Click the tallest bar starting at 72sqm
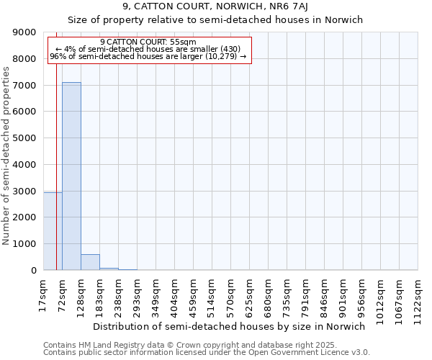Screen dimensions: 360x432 pos(71,176)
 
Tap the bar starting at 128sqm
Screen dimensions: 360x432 pos(90,262)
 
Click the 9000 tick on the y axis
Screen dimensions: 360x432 pos(25,32)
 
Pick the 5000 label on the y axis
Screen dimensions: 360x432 pos(25,138)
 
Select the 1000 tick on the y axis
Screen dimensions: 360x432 pos(25,244)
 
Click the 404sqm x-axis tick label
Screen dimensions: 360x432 pos(175,295)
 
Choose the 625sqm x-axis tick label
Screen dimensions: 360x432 pos(250,295)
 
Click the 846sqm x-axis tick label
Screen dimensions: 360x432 pos(325,295)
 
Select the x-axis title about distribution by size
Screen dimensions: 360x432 pos(230,326)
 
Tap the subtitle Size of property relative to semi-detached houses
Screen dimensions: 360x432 pos(215,20)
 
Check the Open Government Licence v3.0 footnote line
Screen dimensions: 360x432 pos(207,353)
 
